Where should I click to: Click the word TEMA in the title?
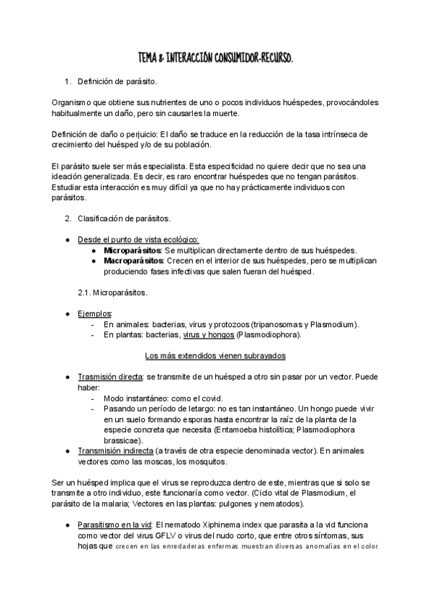pyautogui.click(x=149, y=56)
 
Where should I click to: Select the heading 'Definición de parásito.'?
pyautogui.click(x=117, y=82)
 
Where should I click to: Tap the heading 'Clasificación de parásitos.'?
pyautogui.click(x=124, y=218)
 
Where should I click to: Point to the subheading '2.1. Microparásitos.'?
pyautogui.click(x=112, y=293)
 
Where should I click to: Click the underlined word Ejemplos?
pyautogui.click(x=94, y=313)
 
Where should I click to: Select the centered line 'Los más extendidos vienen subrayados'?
pyautogui.click(x=215, y=355)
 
